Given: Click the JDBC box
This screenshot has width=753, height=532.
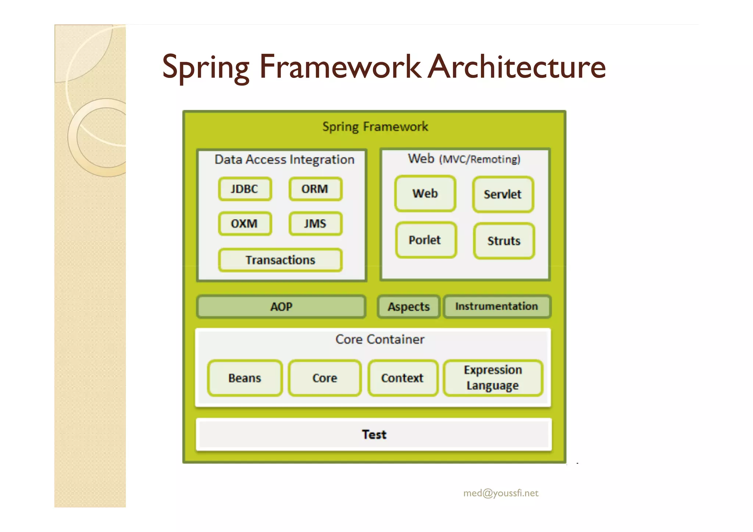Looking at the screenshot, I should click(245, 189).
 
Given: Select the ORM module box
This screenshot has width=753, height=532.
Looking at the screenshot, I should click(315, 189).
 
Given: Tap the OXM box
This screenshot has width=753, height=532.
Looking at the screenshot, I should click(245, 224).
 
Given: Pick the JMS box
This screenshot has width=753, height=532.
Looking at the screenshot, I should click(315, 224).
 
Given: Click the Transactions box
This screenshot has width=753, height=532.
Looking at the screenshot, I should click(280, 260).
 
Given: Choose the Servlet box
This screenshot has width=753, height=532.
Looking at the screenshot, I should click(503, 194).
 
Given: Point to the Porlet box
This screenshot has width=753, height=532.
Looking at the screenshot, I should click(425, 240).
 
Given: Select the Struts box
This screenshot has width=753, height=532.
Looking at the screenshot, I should click(504, 241).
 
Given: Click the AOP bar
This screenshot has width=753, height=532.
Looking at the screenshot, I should click(281, 307).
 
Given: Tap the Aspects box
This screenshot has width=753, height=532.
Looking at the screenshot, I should click(408, 307).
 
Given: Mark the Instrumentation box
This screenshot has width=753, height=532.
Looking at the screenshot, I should click(496, 307).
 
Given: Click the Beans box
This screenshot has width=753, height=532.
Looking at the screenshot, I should click(245, 378).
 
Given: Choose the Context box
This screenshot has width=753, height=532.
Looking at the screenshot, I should click(403, 378).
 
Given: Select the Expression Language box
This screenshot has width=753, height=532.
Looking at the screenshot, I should click(493, 378).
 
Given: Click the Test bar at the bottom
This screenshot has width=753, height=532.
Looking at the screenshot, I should click(374, 435).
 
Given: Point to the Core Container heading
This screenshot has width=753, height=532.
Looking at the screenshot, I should click(380, 339).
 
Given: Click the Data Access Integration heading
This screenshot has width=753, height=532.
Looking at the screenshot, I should click(284, 160).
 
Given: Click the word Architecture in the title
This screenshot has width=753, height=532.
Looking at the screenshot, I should click(517, 67).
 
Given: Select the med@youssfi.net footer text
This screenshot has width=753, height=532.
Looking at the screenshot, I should click(500, 493).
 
